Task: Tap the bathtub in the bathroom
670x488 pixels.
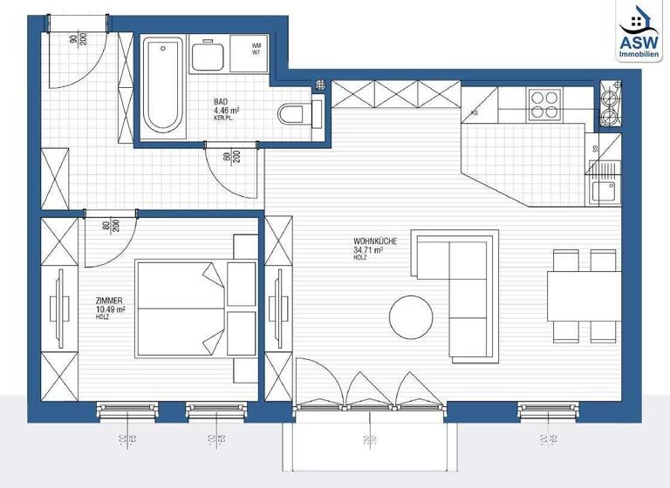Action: pyautogui.click(x=163, y=84)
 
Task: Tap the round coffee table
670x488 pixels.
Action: pyautogui.click(x=411, y=317)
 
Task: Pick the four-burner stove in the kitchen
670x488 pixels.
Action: pyautogui.click(x=546, y=105)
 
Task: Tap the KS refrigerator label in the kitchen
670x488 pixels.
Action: pyautogui.click(x=474, y=112)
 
